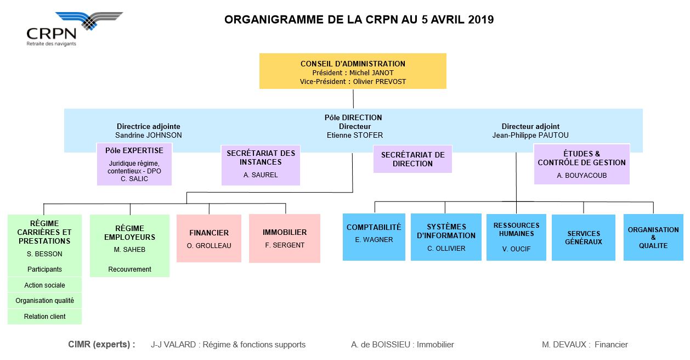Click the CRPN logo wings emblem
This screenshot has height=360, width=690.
pos(89,21)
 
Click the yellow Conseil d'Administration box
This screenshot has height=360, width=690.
pos(353,71)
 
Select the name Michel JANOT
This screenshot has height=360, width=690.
pos(371,73)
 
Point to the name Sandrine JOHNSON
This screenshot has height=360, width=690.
pos(149,135)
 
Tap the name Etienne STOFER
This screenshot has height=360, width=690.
pos(355,135)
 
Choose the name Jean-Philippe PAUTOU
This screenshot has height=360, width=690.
pos(530,135)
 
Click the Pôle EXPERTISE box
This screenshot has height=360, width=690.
pos(134,164)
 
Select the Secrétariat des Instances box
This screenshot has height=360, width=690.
pos(261,165)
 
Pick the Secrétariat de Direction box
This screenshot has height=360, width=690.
pos(412,159)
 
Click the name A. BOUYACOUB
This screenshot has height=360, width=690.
pos(581,176)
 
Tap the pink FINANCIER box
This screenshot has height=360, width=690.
pos(209,239)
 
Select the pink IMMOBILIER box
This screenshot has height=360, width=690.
pos(285,239)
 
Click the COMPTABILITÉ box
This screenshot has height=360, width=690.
pos(374,237)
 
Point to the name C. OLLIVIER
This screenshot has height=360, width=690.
pos(446,249)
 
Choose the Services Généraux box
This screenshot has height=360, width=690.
pos(584,238)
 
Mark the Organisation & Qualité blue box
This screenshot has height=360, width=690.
pos(653,237)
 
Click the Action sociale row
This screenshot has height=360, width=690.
pos(44,285)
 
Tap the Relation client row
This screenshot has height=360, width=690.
pos(44,317)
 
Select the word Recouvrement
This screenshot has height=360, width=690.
pos(129,269)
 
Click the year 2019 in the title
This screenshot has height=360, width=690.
pos(481,20)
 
